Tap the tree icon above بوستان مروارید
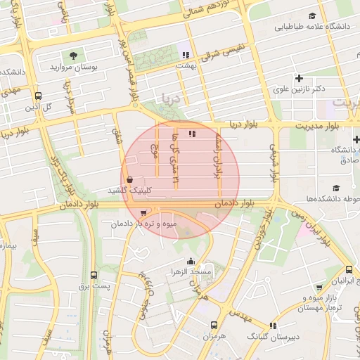pyautogui.click(x=73, y=56)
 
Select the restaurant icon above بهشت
pyautogui.click(x=186, y=54)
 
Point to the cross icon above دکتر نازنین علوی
pyautogui.click(x=300, y=78)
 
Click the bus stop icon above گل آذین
pyautogui.click(x=38, y=96)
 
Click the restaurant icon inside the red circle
pyautogui.click(x=192, y=134)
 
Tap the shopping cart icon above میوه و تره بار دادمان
pyautogui.click(x=144, y=213)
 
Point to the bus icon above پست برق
pyautogui.click(x=94, y=276)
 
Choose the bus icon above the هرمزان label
pyautogui.click(x=214, y=326)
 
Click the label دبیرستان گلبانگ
pyautogui.click(x=273, y=337)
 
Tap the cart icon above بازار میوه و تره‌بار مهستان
pyautogui.click(x=319, y=287)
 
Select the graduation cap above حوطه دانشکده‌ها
pyautogui.click(x=336, y=188)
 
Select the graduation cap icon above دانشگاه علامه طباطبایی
pyautogui.click(x=312, y=16)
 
